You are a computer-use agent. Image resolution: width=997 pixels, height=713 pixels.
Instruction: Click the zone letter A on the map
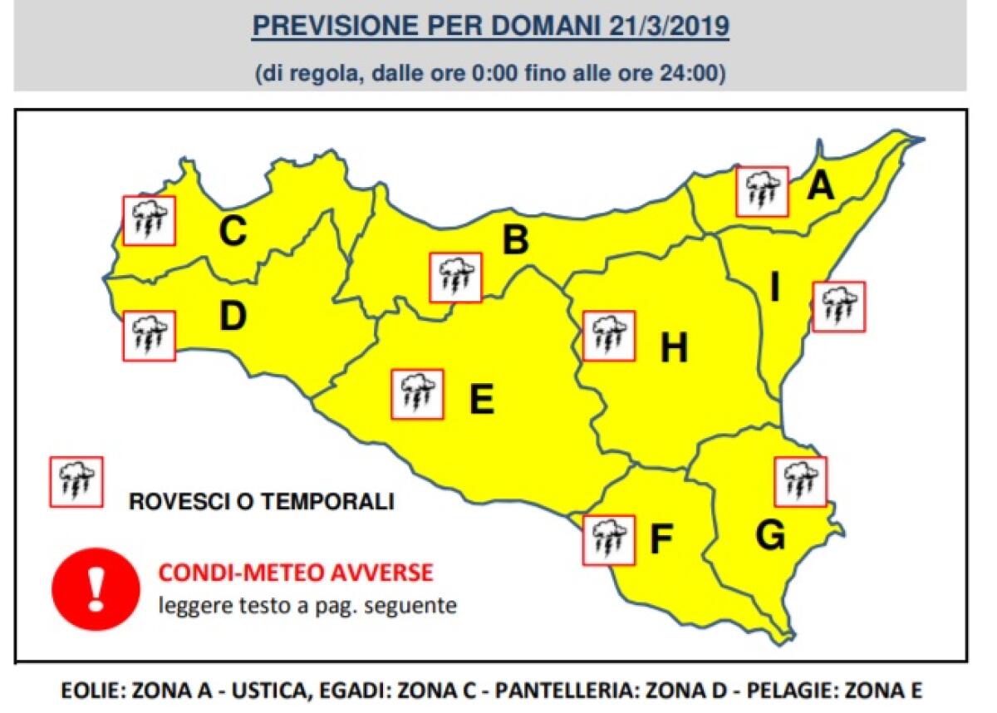pyautogui.click(x=820, y=185)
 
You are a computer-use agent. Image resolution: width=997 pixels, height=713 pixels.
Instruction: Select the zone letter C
pyautogui.click(x=233, y=232)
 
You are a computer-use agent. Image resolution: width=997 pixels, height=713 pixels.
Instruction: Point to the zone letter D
pyautogui.click(x=233, y=317)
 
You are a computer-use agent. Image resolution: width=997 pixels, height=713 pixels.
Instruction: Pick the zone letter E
pyautogui.click(x=481, y=400)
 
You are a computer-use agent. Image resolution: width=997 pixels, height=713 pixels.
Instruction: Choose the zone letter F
pyautogui.click(x=661, y=540)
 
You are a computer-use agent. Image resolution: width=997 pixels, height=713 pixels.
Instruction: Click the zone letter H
pyautogui.click(x=674, y=348)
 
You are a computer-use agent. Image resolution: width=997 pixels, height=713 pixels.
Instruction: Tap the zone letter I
pyautogui.click(x=774, y=288)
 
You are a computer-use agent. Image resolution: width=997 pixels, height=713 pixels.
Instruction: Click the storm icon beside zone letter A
pyautogui.click(x=762, y=191)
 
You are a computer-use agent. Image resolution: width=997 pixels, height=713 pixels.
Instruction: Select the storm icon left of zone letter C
pyautogui.click(x=149, y=220)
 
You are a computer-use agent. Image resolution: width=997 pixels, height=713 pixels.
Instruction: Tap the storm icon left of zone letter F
pyautogui.click(x=609, y=540)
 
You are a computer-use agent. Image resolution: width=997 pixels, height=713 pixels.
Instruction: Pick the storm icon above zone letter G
pyautogui.click(x=800, y=481)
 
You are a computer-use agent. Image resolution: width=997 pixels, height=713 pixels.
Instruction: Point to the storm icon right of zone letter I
pyautogui.click(x=838, y=307)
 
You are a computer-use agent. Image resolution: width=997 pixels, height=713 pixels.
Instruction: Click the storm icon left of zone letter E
pyautogui.click(x=417, y=394)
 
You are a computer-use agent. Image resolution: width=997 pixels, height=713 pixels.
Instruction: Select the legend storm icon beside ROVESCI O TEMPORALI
pyautogui.click(x=76, y=481)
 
